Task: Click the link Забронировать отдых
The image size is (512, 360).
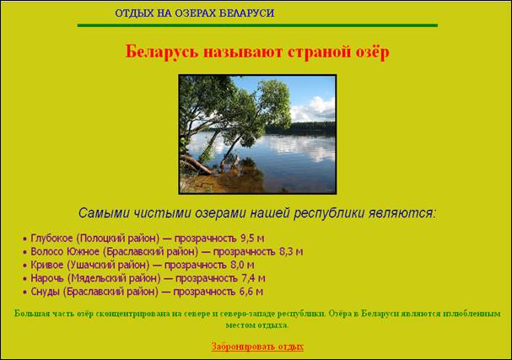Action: [257, 347]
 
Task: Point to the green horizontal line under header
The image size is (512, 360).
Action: [257, 25]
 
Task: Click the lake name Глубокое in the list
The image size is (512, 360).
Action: [51, 239]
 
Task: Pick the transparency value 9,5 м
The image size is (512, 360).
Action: [252, 239]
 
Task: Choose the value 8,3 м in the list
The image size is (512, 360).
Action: [291, 252]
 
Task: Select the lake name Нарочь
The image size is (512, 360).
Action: [47, 278]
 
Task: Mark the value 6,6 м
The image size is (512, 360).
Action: [251, 292]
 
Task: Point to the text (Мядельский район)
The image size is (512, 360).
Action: [114, 278]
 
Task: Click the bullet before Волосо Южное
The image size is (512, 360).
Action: [24, 253]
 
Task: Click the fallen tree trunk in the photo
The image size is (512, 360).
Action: [196, 164]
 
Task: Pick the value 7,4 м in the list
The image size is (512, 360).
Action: [253, 278]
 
